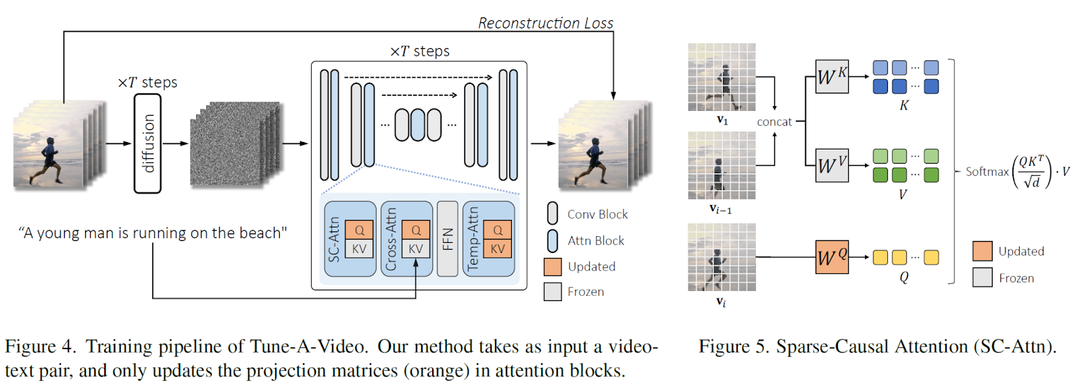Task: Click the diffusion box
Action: point(147,143)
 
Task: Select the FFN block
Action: point(447,239)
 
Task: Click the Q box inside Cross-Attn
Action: point(416,230)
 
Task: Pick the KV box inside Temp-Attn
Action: point(498,249)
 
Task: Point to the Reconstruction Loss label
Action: point(545,23)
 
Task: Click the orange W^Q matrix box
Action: point(832,257)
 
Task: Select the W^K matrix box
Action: point(832,76)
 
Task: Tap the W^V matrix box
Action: point(832,165)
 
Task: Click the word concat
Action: point(774,122)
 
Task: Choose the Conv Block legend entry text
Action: point(597,215)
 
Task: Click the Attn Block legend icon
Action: point(552,240)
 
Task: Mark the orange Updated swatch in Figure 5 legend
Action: point(982,251)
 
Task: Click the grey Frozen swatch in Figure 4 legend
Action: point(552,292)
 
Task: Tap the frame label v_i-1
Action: point(720,210)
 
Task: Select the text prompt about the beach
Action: point(153,233)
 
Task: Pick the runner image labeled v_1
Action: point(722,77)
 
